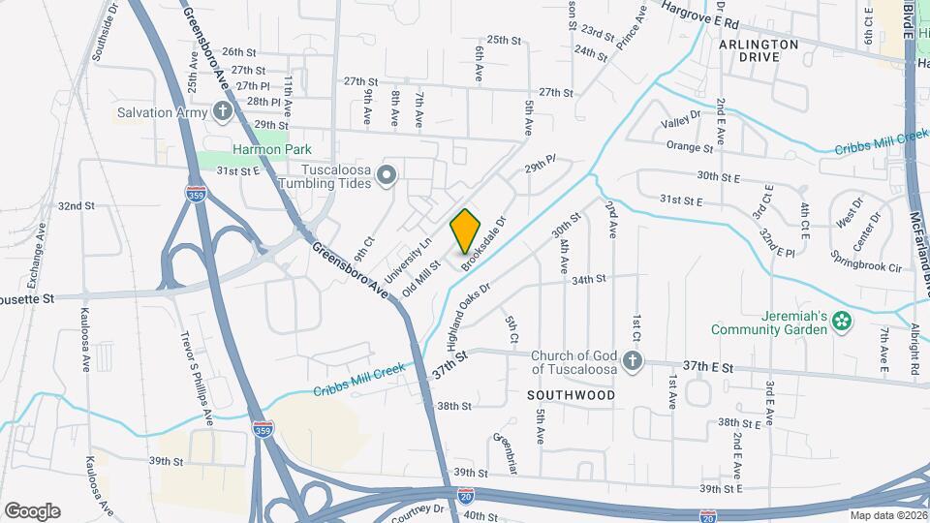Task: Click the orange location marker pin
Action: click(x=466, y=231)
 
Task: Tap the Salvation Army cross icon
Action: click(x=222, y=111)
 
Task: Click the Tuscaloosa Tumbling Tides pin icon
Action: click(x=387, y=175)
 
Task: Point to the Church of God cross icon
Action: click(x=632, y=362)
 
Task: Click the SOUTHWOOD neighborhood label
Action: click(x=571, y=395)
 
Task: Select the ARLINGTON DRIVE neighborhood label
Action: click(x=759, y=50)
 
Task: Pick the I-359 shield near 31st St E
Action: click(x=195, y=194)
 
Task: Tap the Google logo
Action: click(x=32, y=510)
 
